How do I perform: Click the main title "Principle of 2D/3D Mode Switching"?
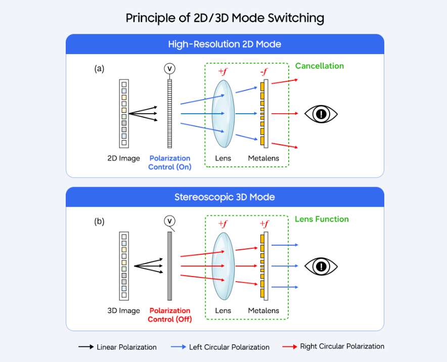pos(225,19)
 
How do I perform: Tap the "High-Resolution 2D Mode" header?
pos(225,44)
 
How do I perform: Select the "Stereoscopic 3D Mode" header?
pos(225,197)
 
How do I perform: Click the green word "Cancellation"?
pos(319,66)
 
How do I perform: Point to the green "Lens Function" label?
pos(322,219)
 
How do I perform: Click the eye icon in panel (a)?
pos(321,114)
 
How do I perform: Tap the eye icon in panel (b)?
pos(321,266)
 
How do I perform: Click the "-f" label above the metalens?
pos(263,71)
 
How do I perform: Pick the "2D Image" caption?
pos(123,158)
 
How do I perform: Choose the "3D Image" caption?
pos(123,311)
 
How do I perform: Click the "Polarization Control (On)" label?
pos(170,163)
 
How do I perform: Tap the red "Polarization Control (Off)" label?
pos(170,315)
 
